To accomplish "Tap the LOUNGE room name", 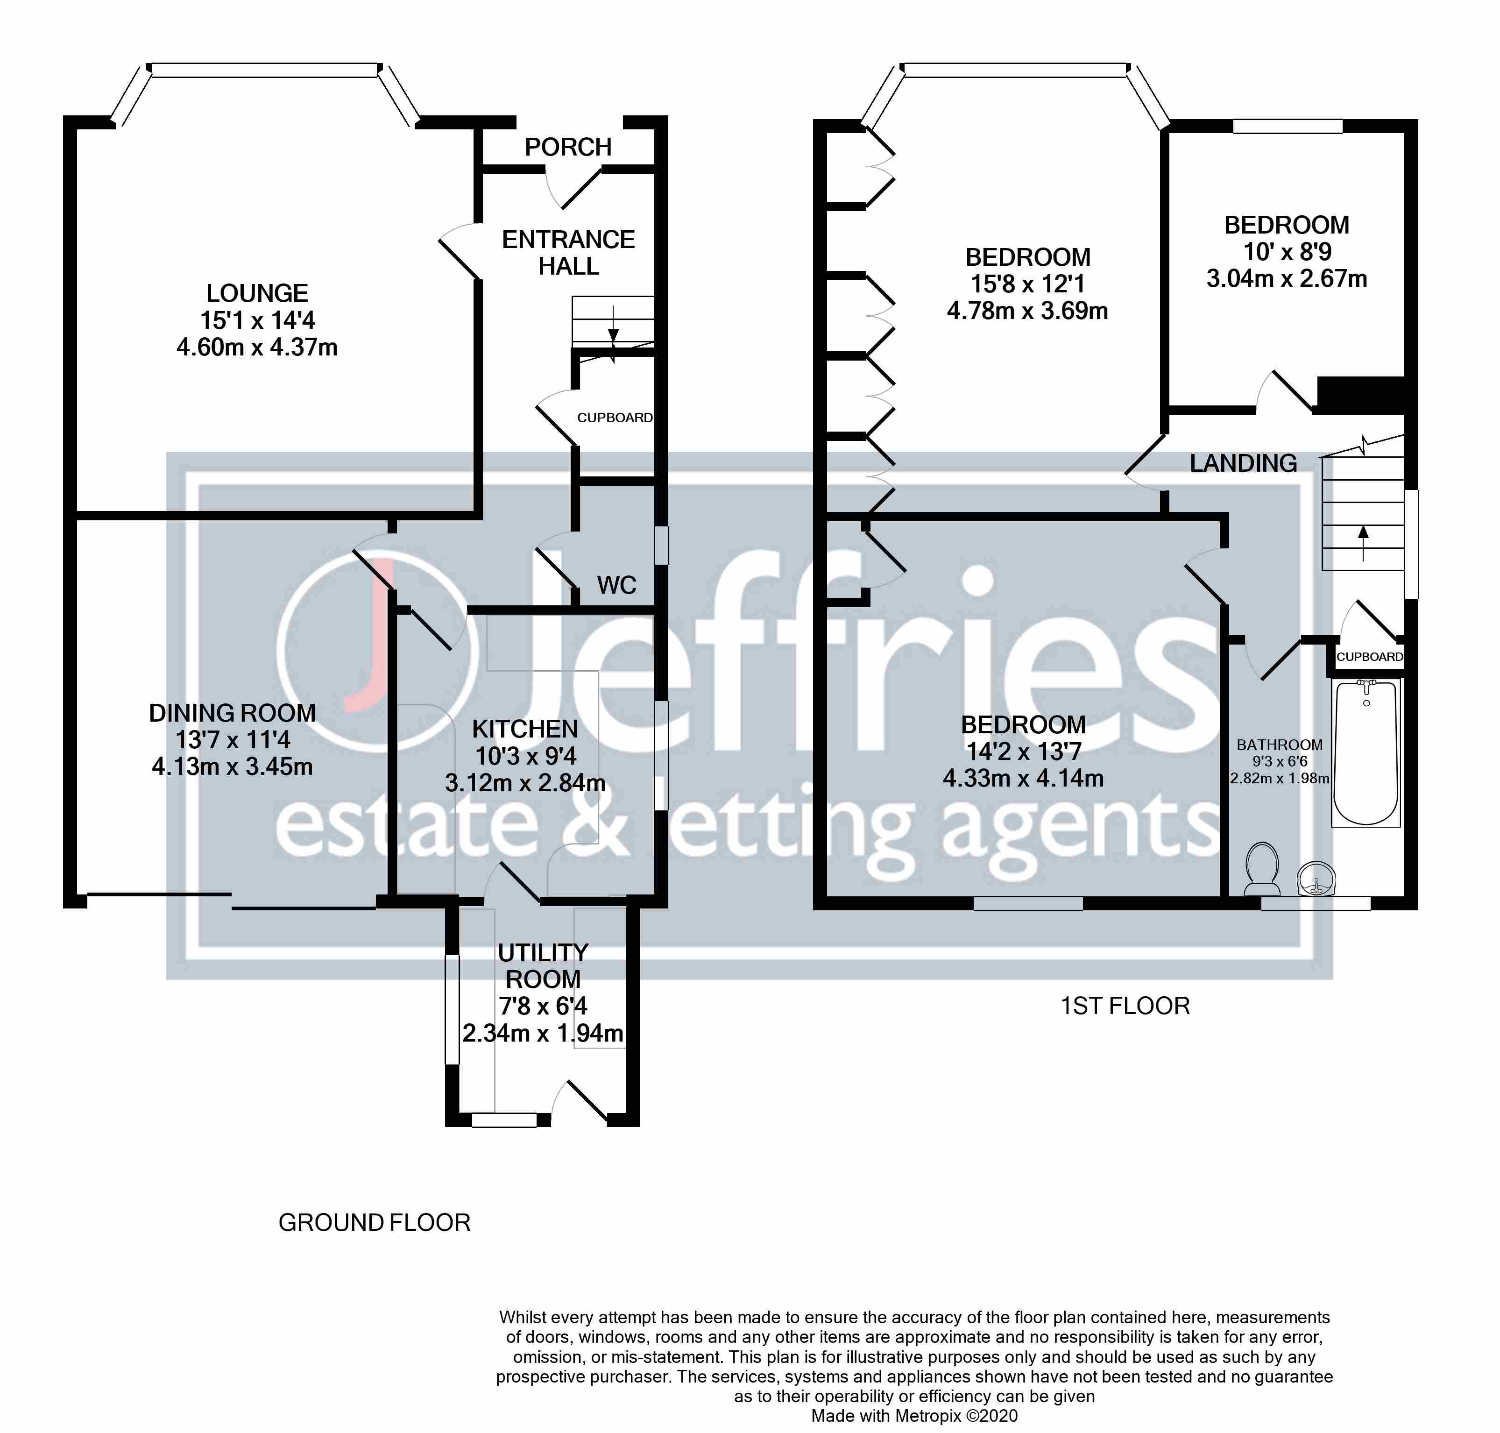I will [257, 293].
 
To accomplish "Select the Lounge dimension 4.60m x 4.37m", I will [257, 348].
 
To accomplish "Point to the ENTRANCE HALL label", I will [568, 253].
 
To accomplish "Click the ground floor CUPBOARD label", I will [615, 418].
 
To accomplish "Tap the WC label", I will [616, 585].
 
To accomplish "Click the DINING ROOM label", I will [232, 713].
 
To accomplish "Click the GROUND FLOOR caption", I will [374, 1223].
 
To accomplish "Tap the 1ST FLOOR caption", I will [1125, 1006].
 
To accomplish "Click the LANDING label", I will [1243, 463].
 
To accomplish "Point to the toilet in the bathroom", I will [1262, 868].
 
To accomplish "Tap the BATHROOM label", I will [1279, 745].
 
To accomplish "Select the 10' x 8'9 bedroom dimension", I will [1287, 252].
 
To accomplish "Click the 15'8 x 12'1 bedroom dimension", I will [1027, 284].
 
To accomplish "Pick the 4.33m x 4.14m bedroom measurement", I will [1023, 778].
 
